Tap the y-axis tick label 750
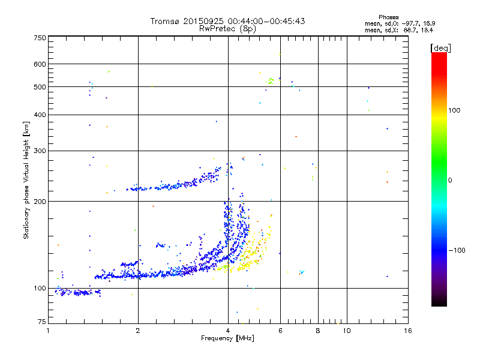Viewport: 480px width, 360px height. click(x=40, y=38)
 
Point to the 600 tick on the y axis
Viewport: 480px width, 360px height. click(x=40, y=64)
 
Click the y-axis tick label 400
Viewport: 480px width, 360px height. click(x=40, y=115)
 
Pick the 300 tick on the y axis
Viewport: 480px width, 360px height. click(x=40, y=151)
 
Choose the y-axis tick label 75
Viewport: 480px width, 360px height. click(x=41, y=323)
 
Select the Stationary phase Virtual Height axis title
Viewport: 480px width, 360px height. click(x=26, y=180)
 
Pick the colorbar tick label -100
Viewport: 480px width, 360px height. click(x=458, y=250)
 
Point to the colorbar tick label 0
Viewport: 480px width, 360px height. click(x=452, y=180)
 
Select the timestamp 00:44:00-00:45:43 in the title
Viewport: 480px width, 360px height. click(x=272, y=21)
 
